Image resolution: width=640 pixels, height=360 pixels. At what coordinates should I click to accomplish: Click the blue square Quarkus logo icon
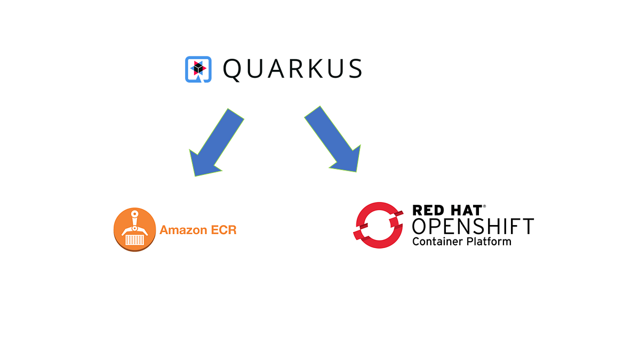tap(198, 69)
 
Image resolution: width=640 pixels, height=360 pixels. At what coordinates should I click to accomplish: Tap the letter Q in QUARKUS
tap(234, 69)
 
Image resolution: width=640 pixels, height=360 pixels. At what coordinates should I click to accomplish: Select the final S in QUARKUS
tap(354, 69)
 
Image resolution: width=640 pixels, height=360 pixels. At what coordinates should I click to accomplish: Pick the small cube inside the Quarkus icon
tap(198, 67)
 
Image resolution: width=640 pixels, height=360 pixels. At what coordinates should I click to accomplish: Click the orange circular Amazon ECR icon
tap(135, 230)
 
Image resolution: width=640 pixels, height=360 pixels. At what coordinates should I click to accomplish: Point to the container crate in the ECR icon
tap(134, 239)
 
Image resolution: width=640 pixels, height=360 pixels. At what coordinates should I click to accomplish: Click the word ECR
tap(223, 230)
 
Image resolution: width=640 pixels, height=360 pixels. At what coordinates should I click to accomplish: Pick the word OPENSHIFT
tap(473, 227)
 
